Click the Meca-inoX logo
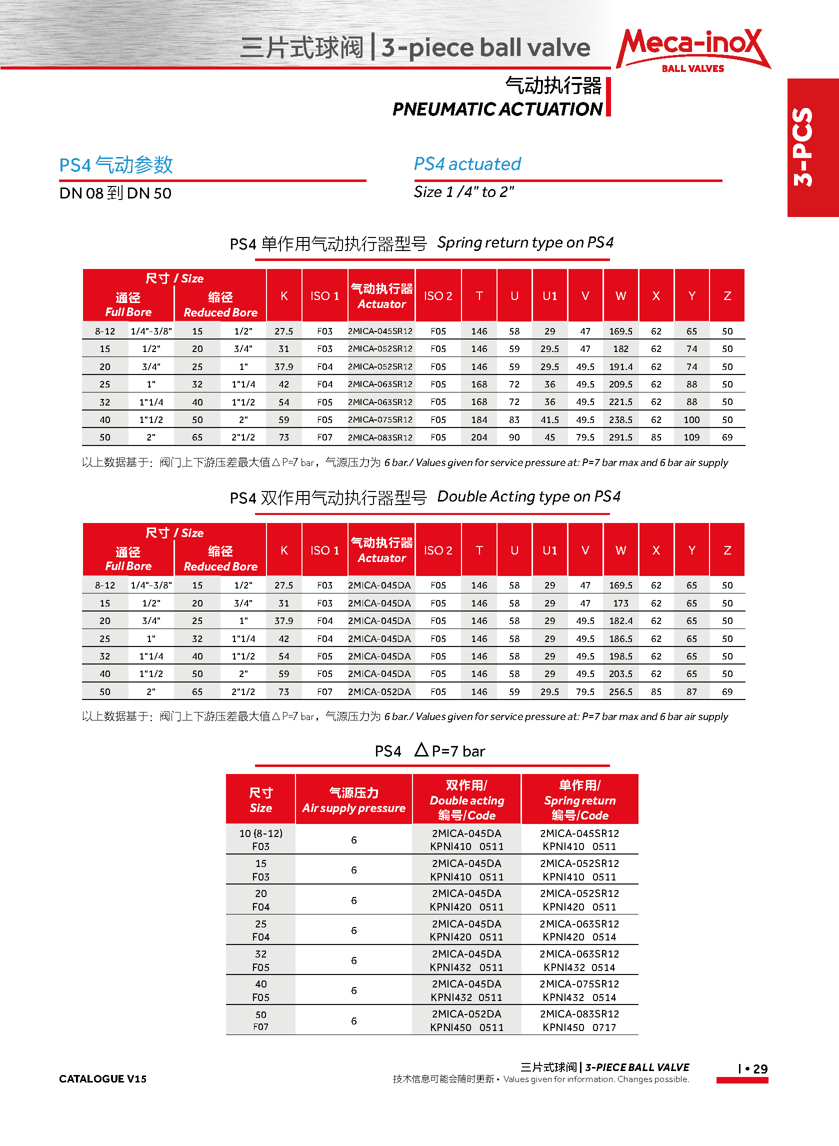(692, 49)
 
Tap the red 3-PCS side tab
(812, 147)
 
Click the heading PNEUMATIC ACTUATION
(497, 109)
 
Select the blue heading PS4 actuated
(467, 164)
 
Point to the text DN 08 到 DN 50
(115, 193)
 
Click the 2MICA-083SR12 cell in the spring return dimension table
(380, 437)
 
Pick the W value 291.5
(620, 437)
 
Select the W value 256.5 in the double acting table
(620, 691)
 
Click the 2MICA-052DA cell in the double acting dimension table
(379, 691)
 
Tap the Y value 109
(691, 437)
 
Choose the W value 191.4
(620, 366)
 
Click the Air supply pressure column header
(353, 799)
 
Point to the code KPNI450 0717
(579, 1027)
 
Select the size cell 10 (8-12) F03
(260, 839)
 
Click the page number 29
(760, 1069)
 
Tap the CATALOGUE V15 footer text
(102, 1078)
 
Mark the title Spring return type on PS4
(525, 242)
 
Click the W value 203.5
(620, 674)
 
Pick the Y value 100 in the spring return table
(691, 420)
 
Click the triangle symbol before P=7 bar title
(421, 749)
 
